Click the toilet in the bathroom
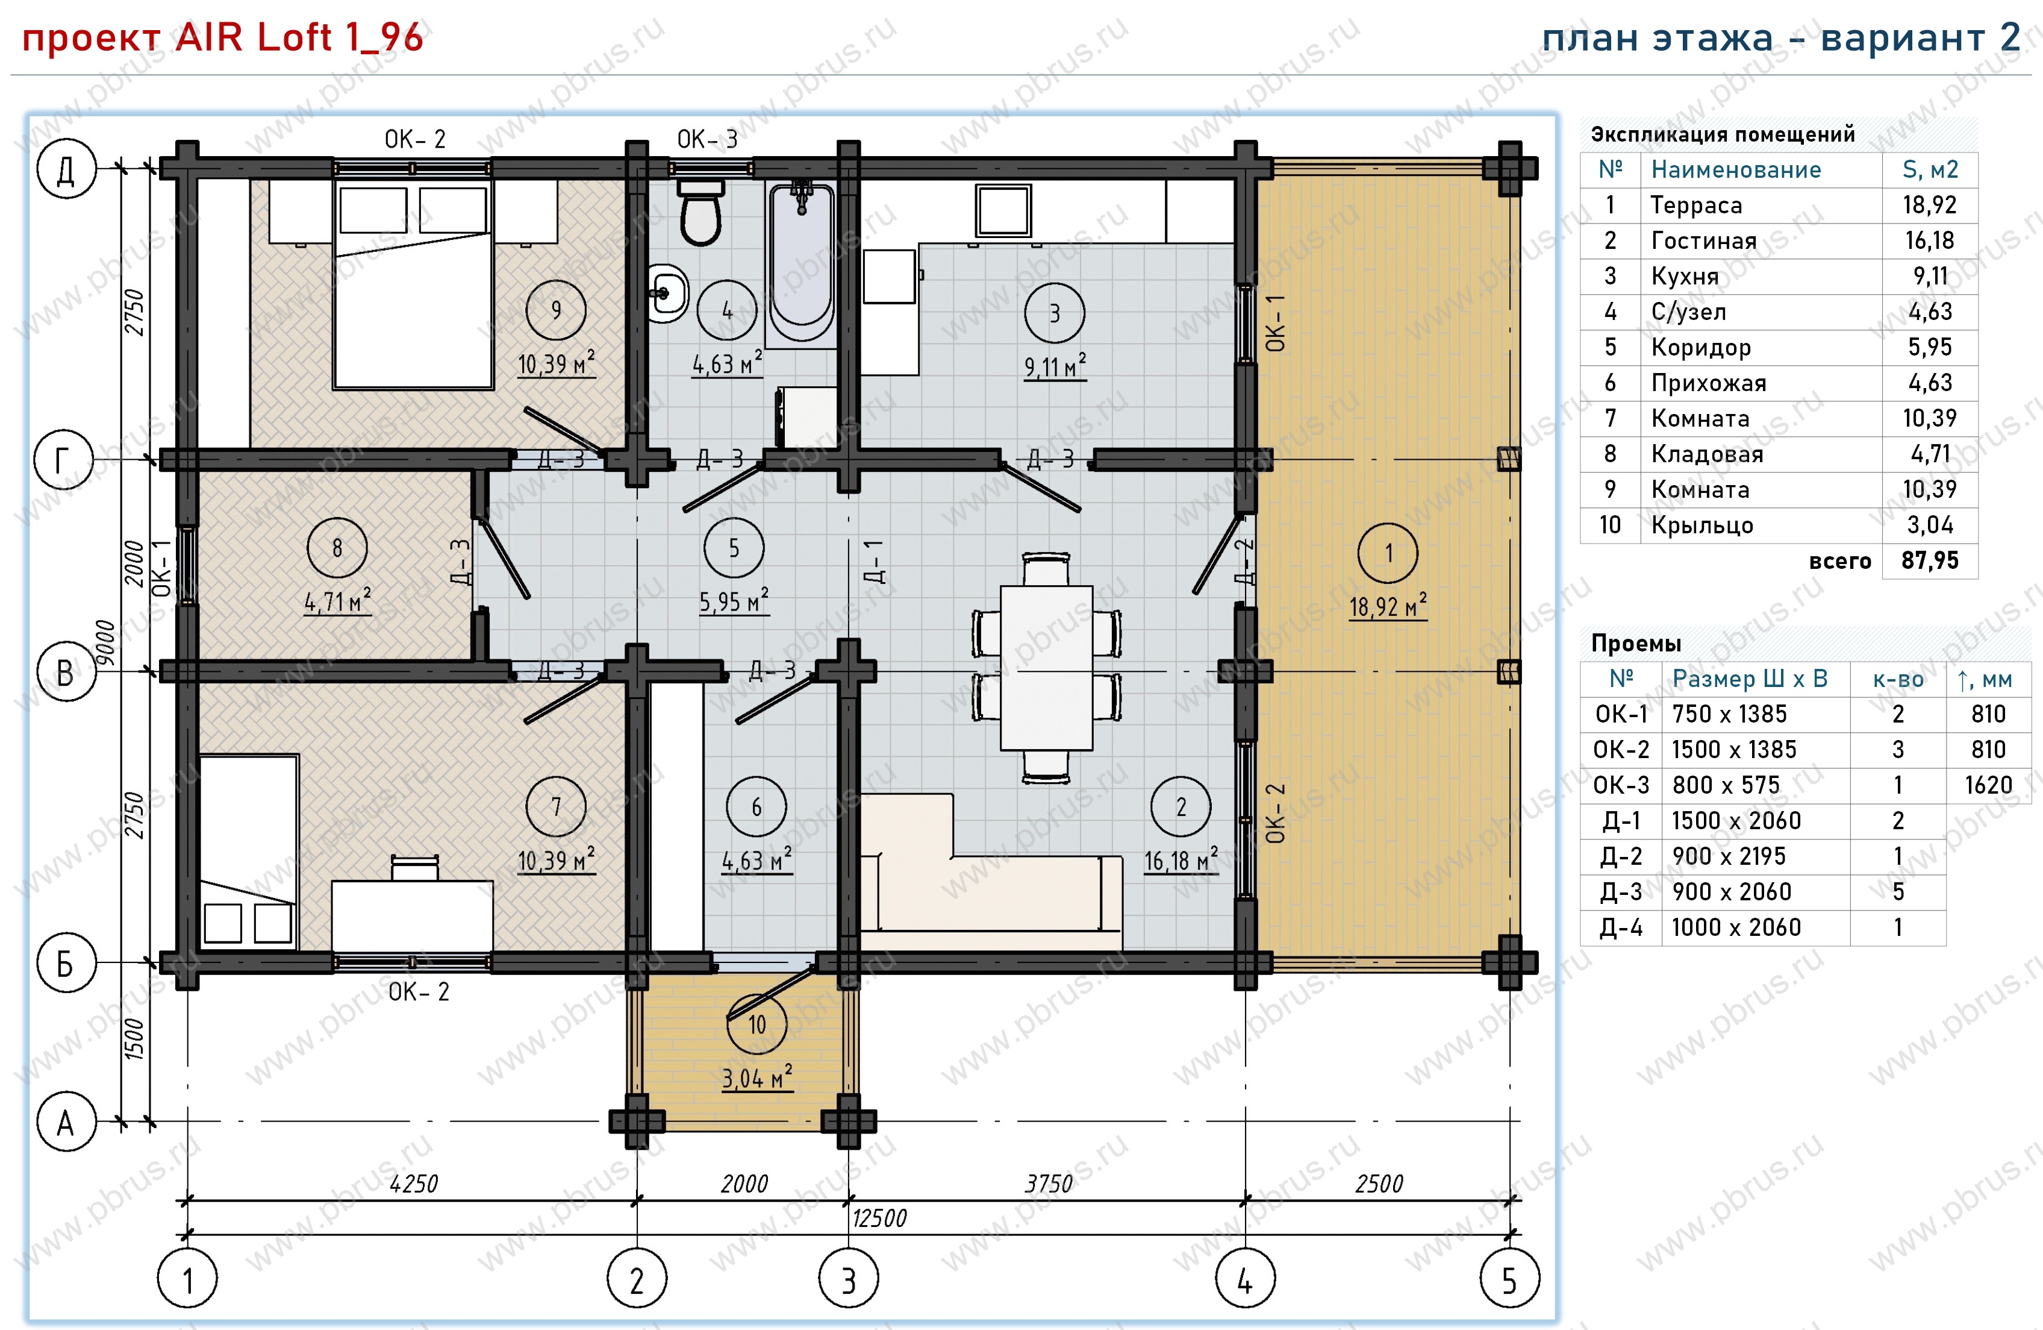click(700, 212)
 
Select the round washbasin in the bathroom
click(666, 293)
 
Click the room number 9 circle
click(557, 310)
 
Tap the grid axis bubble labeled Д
click(65, 169)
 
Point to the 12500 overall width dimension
click(879, 1217)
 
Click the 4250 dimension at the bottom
click(413, 1184)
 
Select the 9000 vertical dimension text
click(105, 643)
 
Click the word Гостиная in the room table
click(1704, 241)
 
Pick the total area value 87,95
click(1930, 560)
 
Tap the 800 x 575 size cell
click(1726, 785)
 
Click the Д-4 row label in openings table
click(1621, 927)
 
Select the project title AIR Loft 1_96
click(299, 37)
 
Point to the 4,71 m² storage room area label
click(337, 601)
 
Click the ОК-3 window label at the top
click(706, 139)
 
